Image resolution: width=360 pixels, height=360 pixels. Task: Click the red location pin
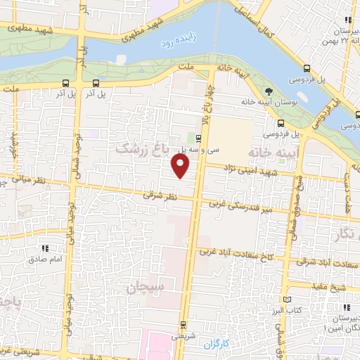pos(181,166)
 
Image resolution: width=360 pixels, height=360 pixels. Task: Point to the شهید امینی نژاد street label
pos(250,171)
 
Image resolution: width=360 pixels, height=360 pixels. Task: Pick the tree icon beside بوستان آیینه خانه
pos(268,91)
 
